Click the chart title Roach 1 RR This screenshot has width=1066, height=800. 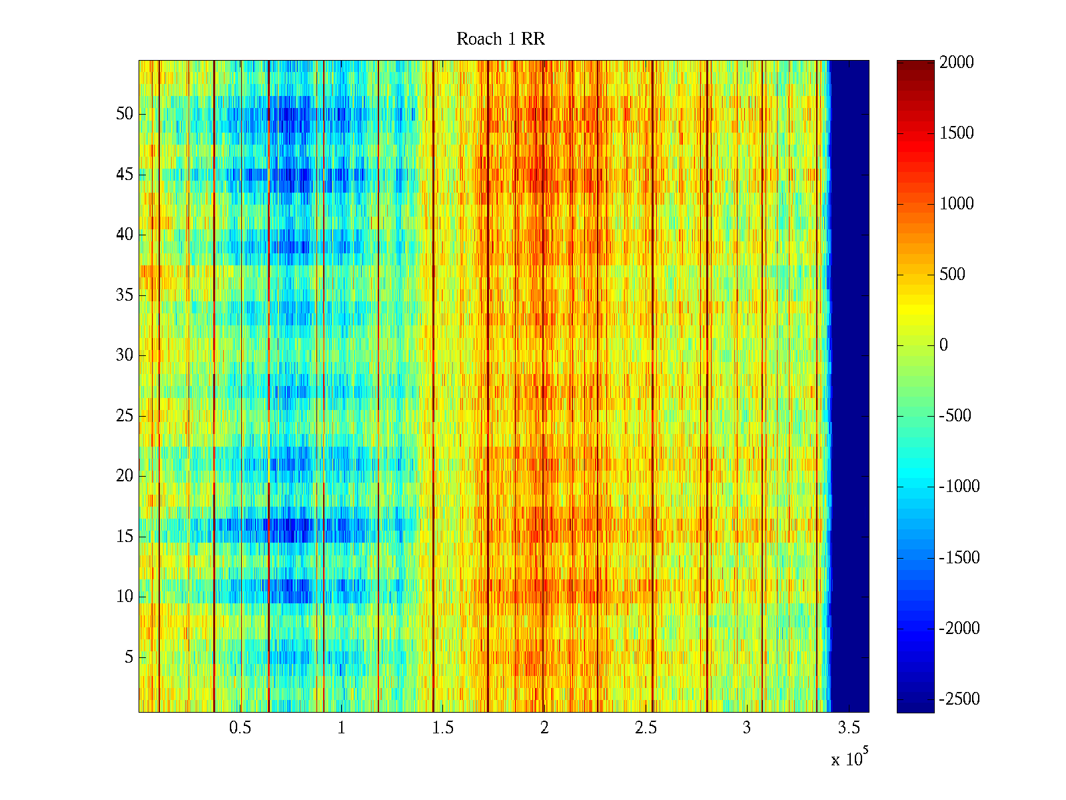[x=500, y=39]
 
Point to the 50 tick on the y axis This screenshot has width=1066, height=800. [x=125, y=114]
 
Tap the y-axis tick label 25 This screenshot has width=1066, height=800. [x=125, y=416]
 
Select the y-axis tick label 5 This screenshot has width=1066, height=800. [x=129, y=657]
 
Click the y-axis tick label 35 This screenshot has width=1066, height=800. [x=125, y=295]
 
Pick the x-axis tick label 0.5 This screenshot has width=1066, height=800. [x=240, y=728]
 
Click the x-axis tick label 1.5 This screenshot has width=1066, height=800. [x=443, y=728]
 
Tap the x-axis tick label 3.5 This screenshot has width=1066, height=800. [x=849, y=728]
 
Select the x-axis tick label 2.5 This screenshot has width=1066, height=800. [x=646, y=728]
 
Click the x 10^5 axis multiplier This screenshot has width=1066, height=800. [x=849, y=758]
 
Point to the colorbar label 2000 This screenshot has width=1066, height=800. [x=957, y=63]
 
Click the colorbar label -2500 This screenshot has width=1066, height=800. [x=959, y=699]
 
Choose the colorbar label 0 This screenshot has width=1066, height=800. [x=943, y=345]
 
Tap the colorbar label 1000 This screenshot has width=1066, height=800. [x=957, y=204]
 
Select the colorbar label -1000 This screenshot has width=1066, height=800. [x=959, y=487]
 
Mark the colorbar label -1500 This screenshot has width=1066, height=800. [x=959, y=558]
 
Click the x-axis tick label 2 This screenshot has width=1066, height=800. [x=544, y=728]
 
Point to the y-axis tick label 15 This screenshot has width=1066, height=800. [x=125, y=537]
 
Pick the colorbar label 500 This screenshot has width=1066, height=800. [x=953, y=275]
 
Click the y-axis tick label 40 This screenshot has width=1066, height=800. [x=125, y=235]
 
